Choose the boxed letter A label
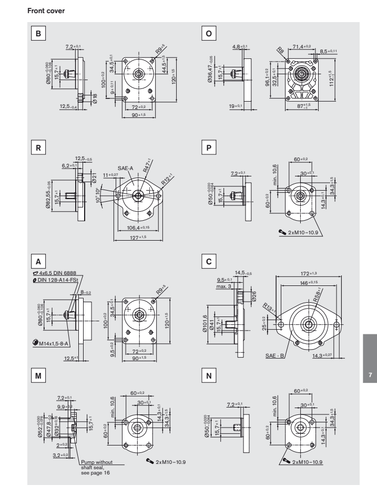[37, 261]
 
